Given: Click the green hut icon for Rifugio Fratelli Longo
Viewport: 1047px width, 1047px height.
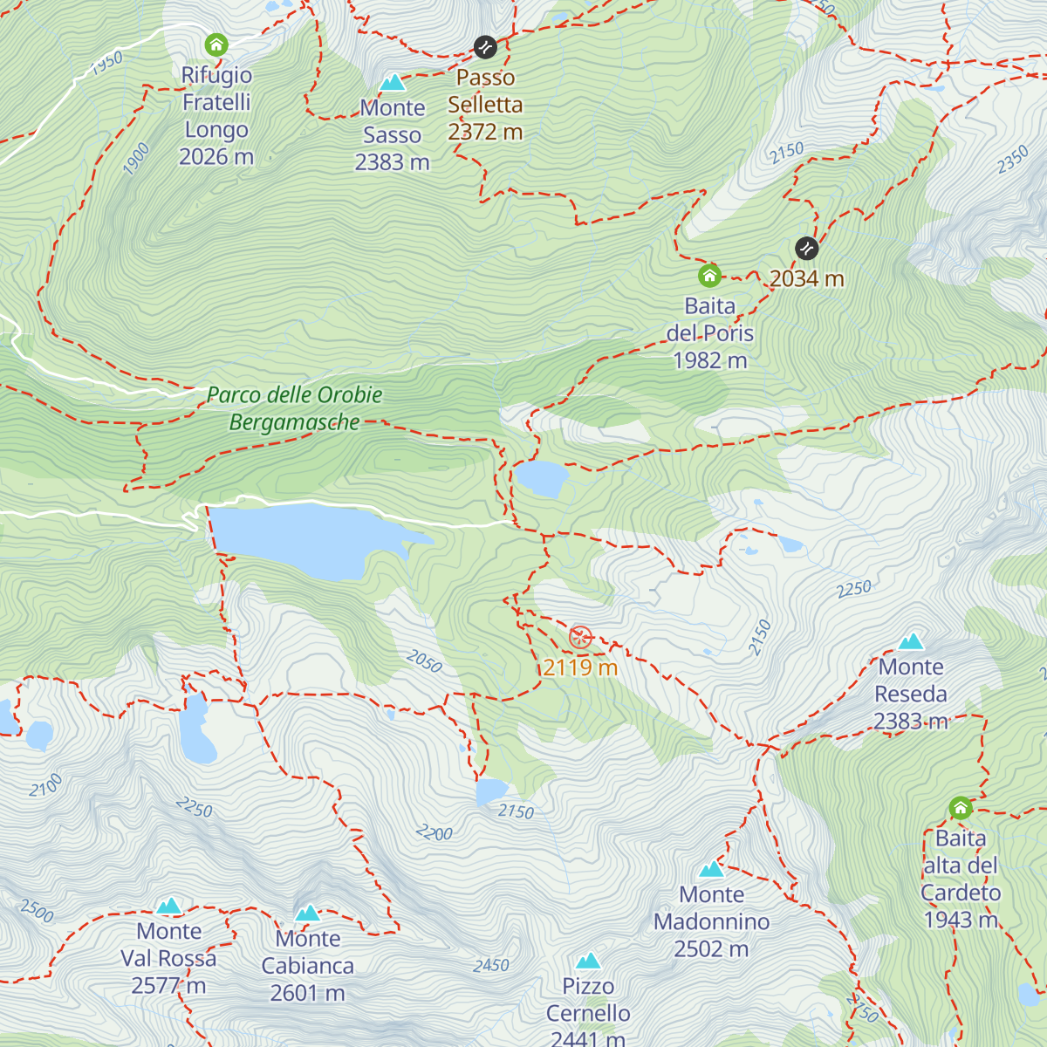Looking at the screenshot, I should click(x=216, y=44).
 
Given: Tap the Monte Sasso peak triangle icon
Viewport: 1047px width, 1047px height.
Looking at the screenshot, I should click(x=393, y=83).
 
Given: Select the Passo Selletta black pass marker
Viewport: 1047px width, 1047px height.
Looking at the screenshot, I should click(x=485, y=46).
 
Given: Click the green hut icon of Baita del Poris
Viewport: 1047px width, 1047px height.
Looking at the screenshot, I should click(x=709, y=276).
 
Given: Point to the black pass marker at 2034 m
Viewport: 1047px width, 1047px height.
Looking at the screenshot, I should click(x=807, y=249).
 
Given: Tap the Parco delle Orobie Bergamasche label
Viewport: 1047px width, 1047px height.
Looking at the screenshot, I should click(x=295, y=408).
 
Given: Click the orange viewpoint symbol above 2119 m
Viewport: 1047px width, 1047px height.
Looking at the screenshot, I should click(x=580, y=637).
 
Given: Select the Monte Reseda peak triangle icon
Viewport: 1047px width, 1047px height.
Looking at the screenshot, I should click(x=911, y=642).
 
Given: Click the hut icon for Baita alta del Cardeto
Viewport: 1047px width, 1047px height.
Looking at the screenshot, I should click(x=961, y=808).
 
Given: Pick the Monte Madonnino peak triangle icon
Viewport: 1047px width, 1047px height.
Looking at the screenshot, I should click(x=712, y=869).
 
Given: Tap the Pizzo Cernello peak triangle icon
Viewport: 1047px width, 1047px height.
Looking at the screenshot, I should click(x=588, y=961).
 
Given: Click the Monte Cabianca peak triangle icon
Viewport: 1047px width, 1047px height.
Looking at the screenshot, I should click(x=308, y=914).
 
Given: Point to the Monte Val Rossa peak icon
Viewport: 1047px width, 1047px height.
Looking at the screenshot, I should click(x=168, y=906).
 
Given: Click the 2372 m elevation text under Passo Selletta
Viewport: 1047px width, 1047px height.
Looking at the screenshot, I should click(x=485, y=132).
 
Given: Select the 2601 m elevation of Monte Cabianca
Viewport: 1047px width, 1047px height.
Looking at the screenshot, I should click(x=308, y=993).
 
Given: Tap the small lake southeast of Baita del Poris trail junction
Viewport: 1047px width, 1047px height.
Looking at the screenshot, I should click(x=541, y=478).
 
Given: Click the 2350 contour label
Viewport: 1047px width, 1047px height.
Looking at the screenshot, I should click(x=1013, y=161).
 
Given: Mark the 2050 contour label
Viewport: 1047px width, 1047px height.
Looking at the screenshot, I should click(x=424, y=661).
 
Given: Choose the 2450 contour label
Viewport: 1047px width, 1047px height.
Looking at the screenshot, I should click(x=491, y=965).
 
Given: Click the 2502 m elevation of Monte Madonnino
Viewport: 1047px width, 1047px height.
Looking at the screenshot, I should click(x=711, y=948).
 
